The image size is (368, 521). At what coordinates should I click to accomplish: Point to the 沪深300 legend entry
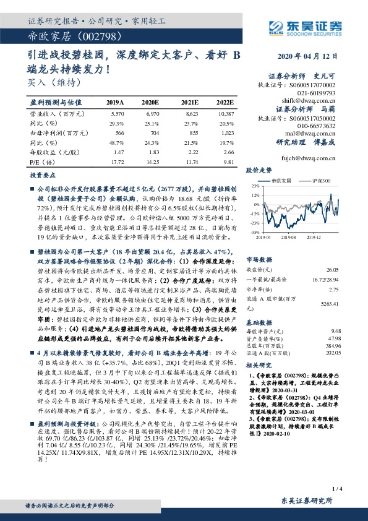(323, 180)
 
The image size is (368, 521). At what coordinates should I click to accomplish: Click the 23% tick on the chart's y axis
(254, 185)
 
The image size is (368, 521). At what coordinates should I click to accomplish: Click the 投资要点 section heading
(41, 176)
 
